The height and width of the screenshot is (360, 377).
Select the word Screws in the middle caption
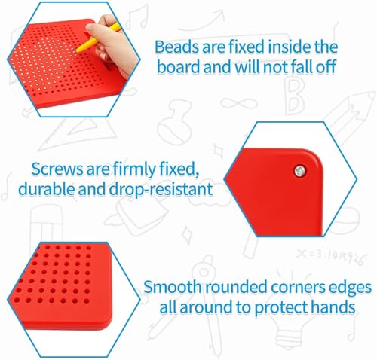pyautogui.click(x=57, y=169)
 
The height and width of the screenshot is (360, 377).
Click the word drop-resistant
pyautogui.click(x=161, y=189)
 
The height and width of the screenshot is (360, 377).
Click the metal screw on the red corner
pyautogui.click(x=300, y=171)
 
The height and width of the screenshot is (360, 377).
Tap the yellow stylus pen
pyautogui.click(x=98, y=38)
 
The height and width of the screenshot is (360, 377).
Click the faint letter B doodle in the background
pyautogui.click(x=295, y=96)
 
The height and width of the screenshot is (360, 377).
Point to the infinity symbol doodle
pyautogui.click(x=239, y=103)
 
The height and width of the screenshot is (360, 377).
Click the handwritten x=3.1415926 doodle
pyautogui.click(x=329, y=257)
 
